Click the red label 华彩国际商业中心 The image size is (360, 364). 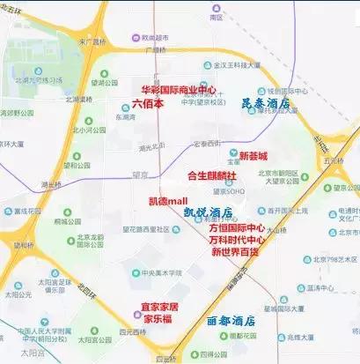coord(179,90)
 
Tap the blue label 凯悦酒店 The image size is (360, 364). coord(208,213)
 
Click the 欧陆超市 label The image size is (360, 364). coord(142,38)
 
